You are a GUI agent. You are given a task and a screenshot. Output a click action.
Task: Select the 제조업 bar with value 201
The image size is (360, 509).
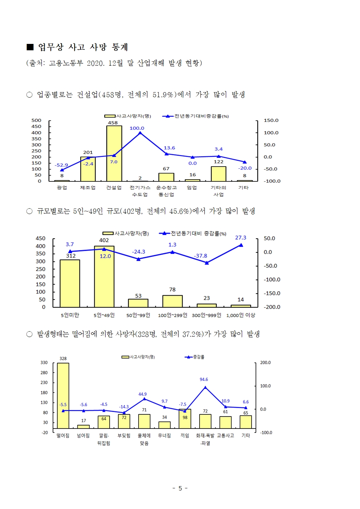tap(88, 169)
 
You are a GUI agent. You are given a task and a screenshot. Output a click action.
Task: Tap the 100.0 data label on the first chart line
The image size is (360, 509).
tap(137, 128)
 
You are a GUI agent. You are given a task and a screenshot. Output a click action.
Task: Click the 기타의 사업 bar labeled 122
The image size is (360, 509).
tap(218, 174)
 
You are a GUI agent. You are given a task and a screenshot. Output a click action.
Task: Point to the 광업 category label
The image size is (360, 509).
tap(62, 188)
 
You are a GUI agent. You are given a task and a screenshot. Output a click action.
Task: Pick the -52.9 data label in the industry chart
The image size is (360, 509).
tap(61, 165)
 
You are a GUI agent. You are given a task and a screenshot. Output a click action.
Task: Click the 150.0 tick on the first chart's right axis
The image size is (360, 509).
tap(271, 120)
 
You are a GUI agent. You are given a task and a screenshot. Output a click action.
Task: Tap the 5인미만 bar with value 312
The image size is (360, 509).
tap(70, 283)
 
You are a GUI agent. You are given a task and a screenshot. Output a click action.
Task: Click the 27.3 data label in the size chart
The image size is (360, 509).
tap(241, 238)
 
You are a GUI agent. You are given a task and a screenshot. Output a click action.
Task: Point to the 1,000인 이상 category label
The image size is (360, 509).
tap(241, 315)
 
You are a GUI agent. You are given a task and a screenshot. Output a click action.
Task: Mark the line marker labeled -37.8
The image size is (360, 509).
tap(207, 263)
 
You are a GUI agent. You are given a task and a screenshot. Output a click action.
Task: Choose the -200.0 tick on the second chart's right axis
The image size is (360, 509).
tap(272, 307)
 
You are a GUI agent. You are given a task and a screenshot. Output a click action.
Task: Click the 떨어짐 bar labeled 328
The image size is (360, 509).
tap(63, 395)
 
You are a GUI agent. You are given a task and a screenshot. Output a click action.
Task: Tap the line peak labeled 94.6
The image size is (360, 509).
tap(205, 387)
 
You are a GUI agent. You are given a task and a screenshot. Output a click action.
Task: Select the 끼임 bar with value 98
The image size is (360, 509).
tap(185, 419)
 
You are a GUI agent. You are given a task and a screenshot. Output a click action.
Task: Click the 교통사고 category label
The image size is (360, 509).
tap(225, 435)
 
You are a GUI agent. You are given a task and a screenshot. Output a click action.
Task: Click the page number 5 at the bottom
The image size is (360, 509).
tap(180, 488)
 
